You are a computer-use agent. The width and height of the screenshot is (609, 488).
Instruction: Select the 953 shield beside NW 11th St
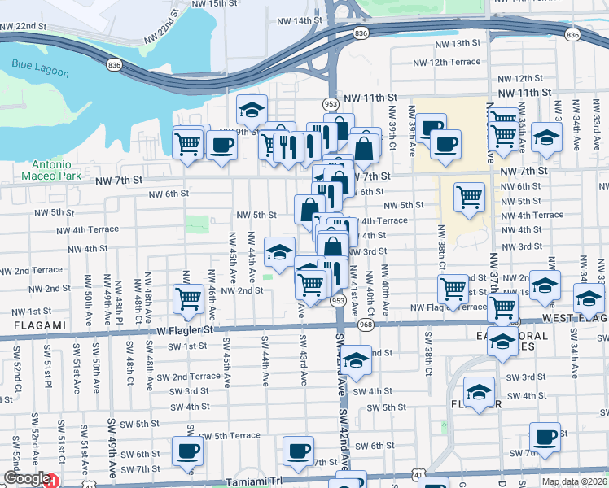[331, 104]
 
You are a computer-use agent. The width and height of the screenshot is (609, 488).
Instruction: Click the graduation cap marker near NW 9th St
[252, 108]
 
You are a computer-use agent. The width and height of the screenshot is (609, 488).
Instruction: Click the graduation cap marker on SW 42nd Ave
[355, 359]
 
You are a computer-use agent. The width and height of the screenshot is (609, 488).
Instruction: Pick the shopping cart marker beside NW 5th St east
[469, 196]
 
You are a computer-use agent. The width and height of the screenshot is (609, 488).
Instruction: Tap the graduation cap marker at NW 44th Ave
[279, 251]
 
